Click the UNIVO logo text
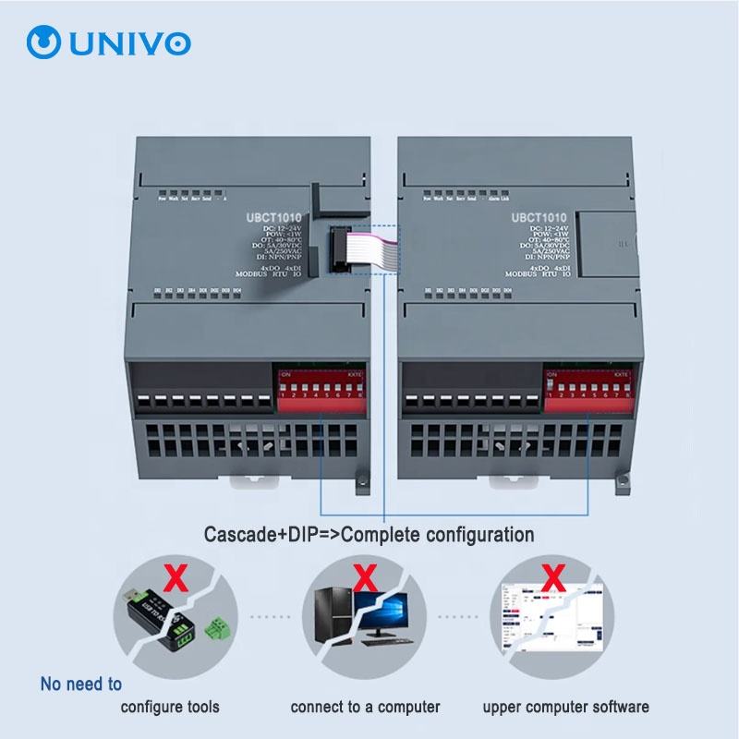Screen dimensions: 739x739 tap(124, 42)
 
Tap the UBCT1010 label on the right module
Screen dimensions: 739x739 tap(539, 218)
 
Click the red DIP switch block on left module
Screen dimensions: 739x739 tap(319, 388)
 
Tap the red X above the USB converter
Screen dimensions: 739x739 tap(173, 579)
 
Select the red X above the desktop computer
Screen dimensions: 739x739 tap(366, 579)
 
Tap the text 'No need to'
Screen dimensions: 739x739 tap(81, 684)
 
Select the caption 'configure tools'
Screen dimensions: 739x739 tap(170, 708)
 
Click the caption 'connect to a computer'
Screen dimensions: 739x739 tap(365, 708)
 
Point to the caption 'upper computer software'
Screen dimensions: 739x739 tap(565, 708)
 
